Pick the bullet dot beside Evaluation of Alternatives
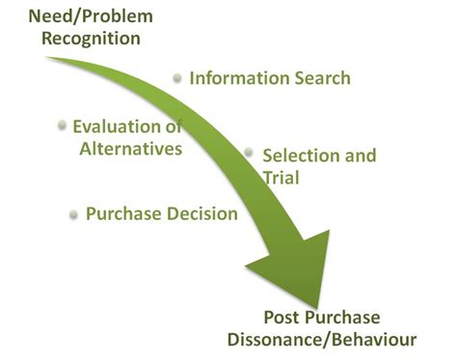click(63, 125)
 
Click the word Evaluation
click(121, 127)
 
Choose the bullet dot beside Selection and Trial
click(249, 152)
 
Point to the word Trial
click(282, 178)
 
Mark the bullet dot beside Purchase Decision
click(73, 214)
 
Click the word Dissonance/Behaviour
click(321, 340)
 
